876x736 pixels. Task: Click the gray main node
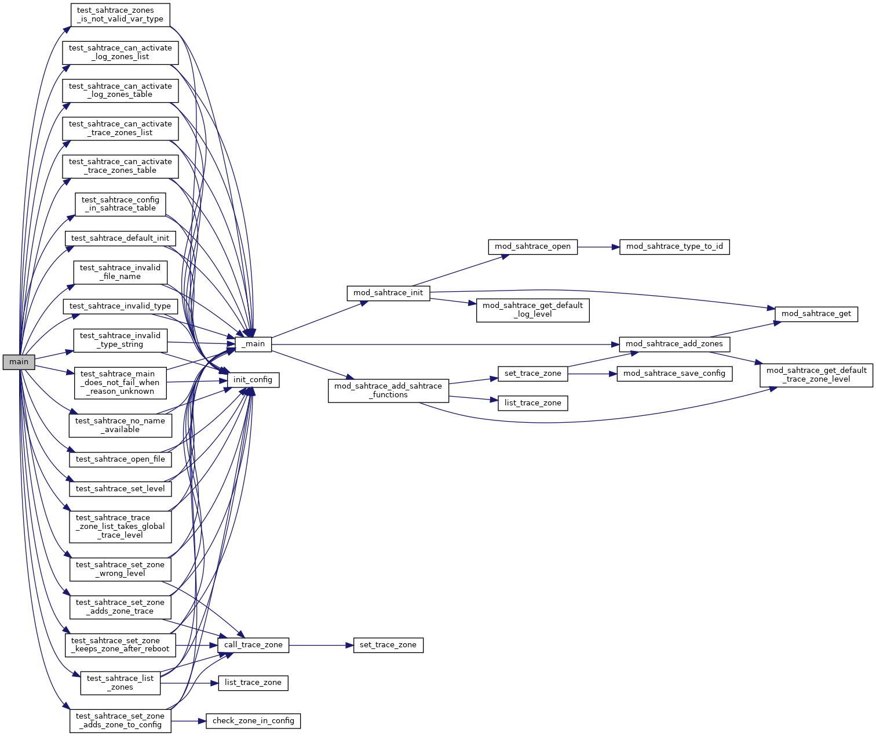pyautogui.click(x=19, y=362)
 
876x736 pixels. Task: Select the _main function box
pyautogui.click(x=253, y=344)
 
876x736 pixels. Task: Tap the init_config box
pyautogui.click(x=253, y=380)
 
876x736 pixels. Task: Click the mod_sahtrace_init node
pyautogui.click(x=388, y=293)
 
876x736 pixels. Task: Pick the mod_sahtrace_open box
pyautogui.click(x=532, y=246)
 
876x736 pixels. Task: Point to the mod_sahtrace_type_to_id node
pyautogui.click(x=674, y=246)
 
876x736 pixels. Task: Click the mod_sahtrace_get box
pyautogui.click(x=816, y=314)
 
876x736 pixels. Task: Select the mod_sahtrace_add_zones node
pyautogui.click(x=674, y=344)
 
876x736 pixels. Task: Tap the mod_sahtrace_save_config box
pyautogui.click(x=674, y=374)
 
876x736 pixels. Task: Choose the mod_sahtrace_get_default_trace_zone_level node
pyautogui.click(x=816, y=375)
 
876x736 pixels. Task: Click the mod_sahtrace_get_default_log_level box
pyautogui.click(x=532, y=310)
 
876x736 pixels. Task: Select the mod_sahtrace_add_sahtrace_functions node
pyautogui.click(x=388, y=390)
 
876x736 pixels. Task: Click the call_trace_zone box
pyautogui.click(x=253, y=645)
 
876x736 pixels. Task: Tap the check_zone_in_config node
pyautogui.click(x=253, y=721)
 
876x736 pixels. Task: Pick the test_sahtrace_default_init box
pyautogui.click(x=121, y=238)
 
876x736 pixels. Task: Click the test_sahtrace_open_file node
pyautogui.click(x=121, y=459)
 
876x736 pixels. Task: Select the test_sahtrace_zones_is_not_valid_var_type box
pyautogui.click(x=121, y=14)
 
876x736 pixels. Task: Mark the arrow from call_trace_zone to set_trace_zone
pyautogui.click(x=321, y=645)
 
